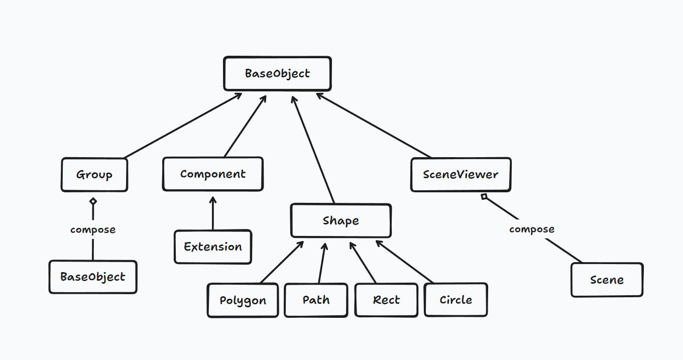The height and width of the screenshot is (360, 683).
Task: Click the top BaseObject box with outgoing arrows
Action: (277, 73)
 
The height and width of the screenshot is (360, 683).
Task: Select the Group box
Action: (94, 175)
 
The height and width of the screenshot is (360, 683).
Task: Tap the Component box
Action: (212, 174)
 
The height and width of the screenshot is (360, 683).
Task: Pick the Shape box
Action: (340, 221)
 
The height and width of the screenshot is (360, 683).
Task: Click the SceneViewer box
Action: (461, 175)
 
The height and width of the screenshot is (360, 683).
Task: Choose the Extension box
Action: (212, 247)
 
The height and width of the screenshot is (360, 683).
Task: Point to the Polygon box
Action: (243, 300)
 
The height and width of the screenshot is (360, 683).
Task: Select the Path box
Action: (316, 300)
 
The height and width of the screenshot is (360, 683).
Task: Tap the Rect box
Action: (386, 300)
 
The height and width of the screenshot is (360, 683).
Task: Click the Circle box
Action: (456, 300)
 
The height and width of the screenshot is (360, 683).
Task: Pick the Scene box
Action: (607, 280)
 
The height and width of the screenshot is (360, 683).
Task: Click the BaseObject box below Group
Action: (93, 277)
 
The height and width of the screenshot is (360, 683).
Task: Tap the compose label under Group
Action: (93, 229)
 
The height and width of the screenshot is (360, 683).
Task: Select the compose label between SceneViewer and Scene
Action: (532, 229)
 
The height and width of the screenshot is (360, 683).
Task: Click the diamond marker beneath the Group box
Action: (93, 201)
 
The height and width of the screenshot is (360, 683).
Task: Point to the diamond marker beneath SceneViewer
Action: (484, 196)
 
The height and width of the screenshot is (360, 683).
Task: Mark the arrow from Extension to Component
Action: (213, 213)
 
